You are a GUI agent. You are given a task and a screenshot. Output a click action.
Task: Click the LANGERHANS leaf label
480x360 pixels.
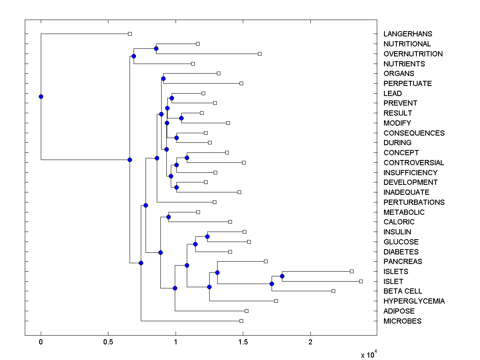tap(408, 34)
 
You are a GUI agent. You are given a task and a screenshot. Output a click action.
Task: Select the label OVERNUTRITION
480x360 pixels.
tap(413, 54)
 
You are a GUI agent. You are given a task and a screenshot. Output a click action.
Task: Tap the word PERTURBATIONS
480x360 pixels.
tap(414, 202)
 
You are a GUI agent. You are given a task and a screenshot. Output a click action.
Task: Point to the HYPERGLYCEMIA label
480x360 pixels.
tap(414, 301)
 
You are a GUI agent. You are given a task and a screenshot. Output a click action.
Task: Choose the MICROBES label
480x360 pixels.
tap(402, 321)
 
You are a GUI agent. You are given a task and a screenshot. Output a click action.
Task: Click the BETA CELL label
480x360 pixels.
tap(402, 291)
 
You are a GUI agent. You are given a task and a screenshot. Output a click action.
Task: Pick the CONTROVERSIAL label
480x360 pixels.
tap(414, 163)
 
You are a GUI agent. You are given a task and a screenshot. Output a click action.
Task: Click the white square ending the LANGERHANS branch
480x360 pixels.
tap(130, 34)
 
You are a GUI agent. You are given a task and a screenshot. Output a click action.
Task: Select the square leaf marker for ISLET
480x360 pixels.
tap(361, 281)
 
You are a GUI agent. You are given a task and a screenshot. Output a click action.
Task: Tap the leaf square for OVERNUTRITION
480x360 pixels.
tap(260, 54)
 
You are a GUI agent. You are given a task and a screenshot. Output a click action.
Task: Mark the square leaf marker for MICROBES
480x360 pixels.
tap(241, 321)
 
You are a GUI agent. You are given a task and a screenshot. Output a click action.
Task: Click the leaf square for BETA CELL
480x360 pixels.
tap(333, 291)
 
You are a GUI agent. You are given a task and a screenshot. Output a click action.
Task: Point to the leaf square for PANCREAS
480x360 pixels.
tap(266, 261)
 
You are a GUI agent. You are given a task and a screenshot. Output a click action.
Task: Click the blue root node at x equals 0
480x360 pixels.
tap(41, 96)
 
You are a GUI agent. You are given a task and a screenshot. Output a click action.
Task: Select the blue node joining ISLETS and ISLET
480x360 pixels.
tap(282, 276)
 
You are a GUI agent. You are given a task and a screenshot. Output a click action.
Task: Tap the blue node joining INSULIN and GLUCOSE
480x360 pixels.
tap(207, 236)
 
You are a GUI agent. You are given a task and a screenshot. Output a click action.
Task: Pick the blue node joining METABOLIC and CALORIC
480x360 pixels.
tap(168, 217)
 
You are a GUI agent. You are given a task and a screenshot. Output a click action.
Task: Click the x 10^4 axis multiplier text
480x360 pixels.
tap(369, 354)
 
